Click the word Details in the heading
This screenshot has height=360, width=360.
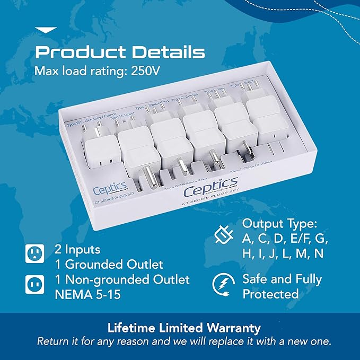pos(162,52)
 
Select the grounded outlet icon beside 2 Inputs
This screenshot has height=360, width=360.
pos(35,254)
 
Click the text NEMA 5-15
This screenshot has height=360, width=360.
pos(88,294)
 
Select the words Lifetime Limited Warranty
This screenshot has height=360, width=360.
pos(180,328)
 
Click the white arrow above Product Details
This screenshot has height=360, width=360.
pos(45,30)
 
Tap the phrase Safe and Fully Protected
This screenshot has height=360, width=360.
pos(282,286)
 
